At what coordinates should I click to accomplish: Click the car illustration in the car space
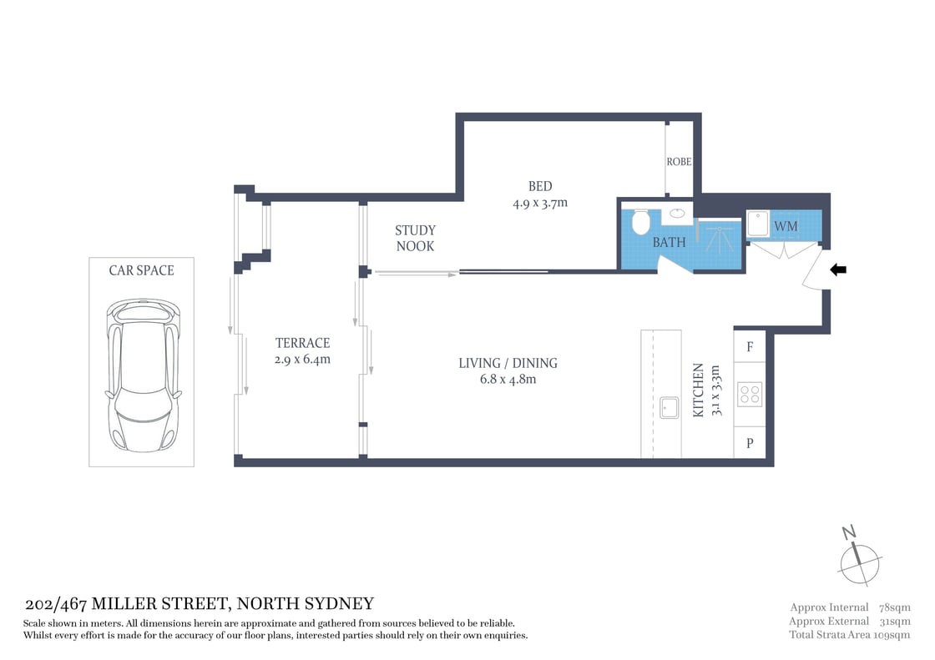click(142, 375)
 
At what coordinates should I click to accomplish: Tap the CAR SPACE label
click(142, 270)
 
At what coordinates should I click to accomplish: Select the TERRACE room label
click(303, 343)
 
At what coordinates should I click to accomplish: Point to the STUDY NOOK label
click(415, 238)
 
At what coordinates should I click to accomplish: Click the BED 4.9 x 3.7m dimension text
click(540, 203)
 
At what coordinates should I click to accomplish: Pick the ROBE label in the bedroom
click(679, 162)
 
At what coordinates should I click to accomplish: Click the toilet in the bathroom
click(642, 222)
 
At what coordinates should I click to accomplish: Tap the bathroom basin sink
click(677, 214)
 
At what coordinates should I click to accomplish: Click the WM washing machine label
click(786, 227)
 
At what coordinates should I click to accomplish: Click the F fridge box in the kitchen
click(750, 347)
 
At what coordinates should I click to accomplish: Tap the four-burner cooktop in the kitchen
click(750, 394)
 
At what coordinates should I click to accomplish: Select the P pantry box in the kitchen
click(750, 443)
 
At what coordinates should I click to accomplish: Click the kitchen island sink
click(669, 407)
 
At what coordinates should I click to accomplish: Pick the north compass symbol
click(859, 556)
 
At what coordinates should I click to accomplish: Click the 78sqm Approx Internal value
click(893, 607)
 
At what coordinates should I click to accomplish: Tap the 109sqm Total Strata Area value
click(890, 635)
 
